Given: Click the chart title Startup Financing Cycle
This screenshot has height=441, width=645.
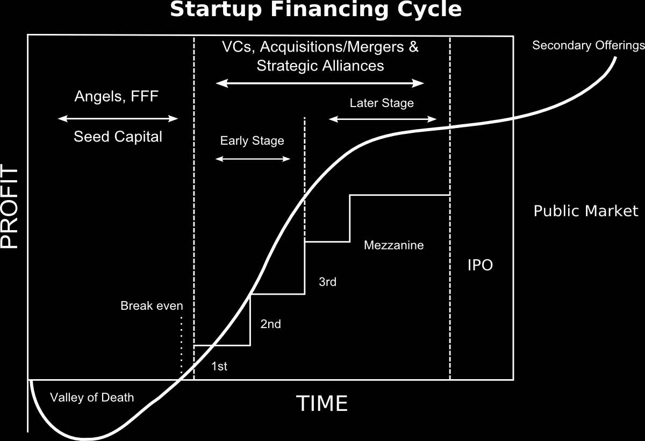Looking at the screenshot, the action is pos(316,9).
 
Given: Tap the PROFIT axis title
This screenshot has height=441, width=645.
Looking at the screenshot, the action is pos(9,206).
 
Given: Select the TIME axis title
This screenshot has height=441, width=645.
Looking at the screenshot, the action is pos(322,403).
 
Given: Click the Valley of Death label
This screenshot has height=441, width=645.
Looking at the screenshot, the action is pos(92,397).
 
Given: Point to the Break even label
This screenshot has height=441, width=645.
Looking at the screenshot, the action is pos(152,305).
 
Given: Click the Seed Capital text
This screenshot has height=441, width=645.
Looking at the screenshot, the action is pos(118,137).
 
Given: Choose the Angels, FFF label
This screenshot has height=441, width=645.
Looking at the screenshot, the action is pos(116,96).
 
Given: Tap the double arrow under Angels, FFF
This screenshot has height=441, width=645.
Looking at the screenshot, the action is pos(118,119).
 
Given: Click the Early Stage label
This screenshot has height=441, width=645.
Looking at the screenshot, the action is pos(252,141).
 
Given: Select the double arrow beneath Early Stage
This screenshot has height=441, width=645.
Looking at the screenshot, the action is pos(253,159).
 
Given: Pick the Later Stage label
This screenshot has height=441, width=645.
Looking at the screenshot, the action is pos(382,103).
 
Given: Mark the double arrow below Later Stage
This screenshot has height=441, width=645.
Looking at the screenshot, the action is pos(383,119).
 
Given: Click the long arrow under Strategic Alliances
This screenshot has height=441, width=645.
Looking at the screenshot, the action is pos(320,83).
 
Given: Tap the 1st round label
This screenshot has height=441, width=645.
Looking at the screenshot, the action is pos(219,366).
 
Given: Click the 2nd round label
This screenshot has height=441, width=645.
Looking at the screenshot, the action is pos(271,324).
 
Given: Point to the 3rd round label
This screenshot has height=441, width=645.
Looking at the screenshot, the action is pos(328,282).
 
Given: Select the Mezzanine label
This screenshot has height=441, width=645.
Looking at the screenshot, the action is pos(393,245).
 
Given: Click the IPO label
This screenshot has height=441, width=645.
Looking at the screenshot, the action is pos(480,265).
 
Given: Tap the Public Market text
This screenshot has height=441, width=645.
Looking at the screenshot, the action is pos(586,211).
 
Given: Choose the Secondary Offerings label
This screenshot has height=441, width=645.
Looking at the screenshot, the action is pos(588,46).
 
